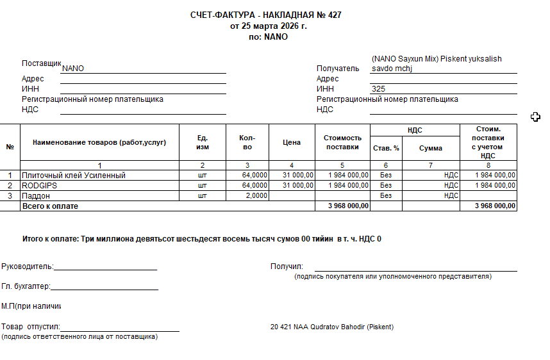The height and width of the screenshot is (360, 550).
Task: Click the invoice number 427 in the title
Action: (x=335, y=15)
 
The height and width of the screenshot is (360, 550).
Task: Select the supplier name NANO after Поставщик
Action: (x=73, y=69)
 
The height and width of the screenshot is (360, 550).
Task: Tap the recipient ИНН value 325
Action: (x=378, y=89)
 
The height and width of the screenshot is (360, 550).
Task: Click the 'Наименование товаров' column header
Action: (x=99, y=142)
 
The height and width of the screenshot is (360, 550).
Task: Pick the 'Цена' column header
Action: (x=292, y=142)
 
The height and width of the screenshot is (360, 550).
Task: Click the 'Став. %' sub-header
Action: (x=386, y=148)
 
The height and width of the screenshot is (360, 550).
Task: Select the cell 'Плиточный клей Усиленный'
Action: (x=74, y=175)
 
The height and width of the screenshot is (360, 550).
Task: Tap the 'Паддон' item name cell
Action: (x=36, y=195)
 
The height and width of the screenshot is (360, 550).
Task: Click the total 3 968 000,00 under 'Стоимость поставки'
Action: (x=348, y=206)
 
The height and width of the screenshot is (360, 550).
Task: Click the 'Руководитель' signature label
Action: (x=27, y=266)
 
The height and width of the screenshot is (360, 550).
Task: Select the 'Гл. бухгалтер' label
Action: (x=26, y=287)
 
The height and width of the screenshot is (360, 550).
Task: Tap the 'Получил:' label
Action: (x=287, y=266)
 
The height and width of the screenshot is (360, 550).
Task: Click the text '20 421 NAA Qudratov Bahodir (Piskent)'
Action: (x=332, y=327)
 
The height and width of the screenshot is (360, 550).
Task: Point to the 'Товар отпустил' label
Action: (x=30, y=327)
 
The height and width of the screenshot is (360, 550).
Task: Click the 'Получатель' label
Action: (x=338, y=69)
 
